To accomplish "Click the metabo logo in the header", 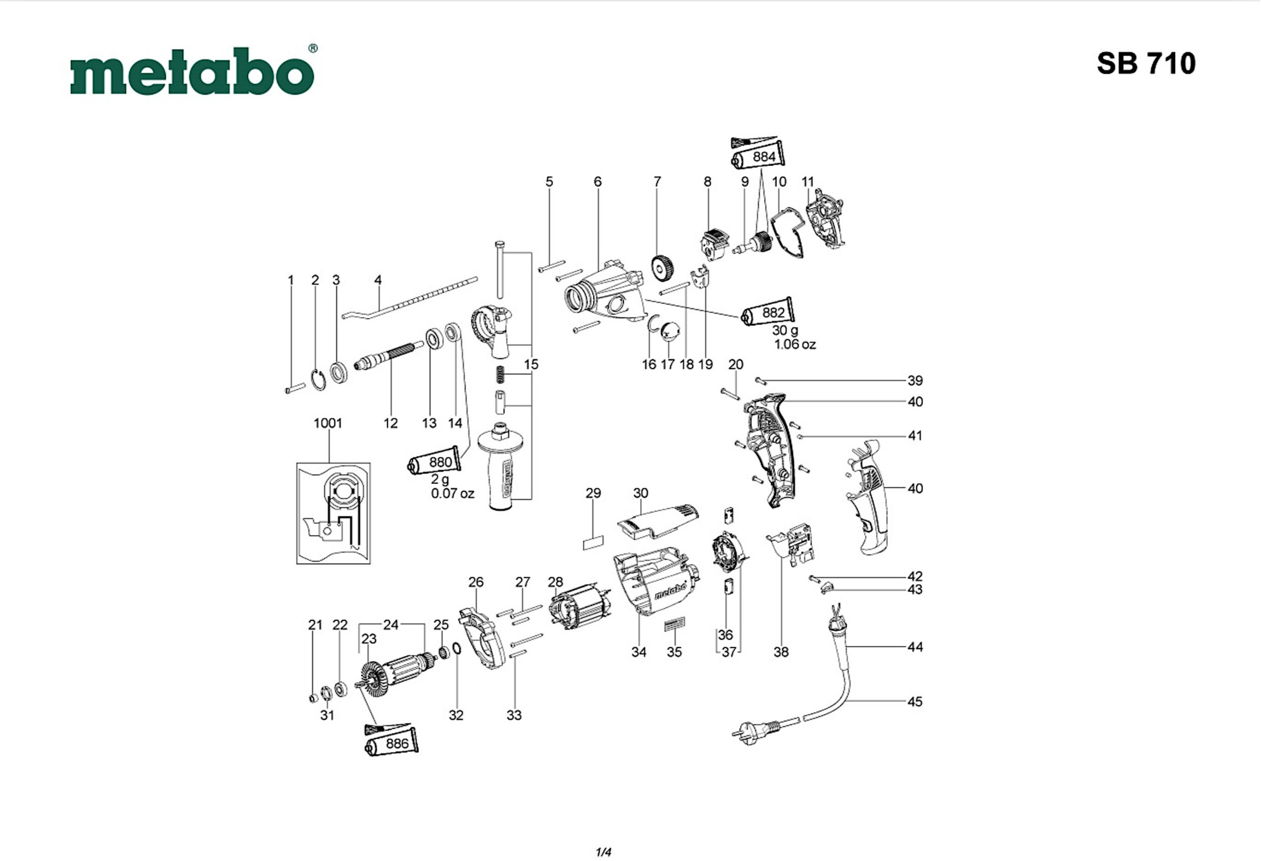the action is point(193,71).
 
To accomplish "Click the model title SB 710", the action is point(1146,63).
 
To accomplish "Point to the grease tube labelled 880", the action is point(437,461).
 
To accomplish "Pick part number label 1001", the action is point(328,423).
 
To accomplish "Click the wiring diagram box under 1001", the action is point(333,513).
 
